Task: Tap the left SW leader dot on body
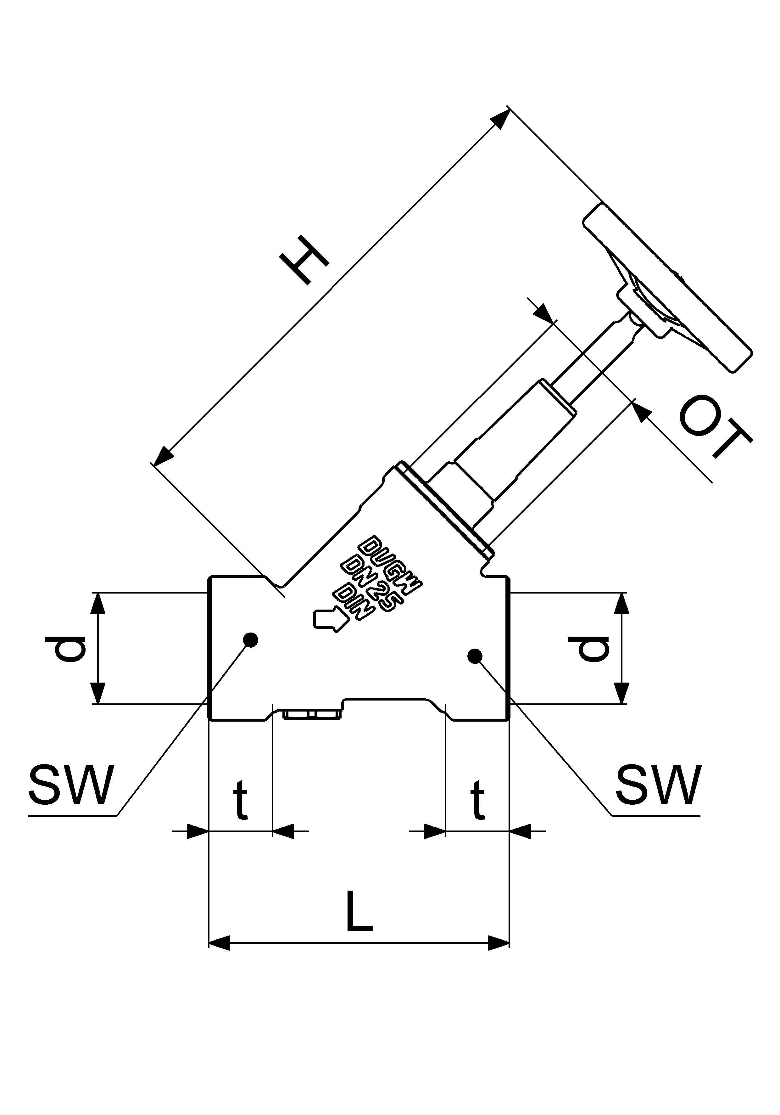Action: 250,640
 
